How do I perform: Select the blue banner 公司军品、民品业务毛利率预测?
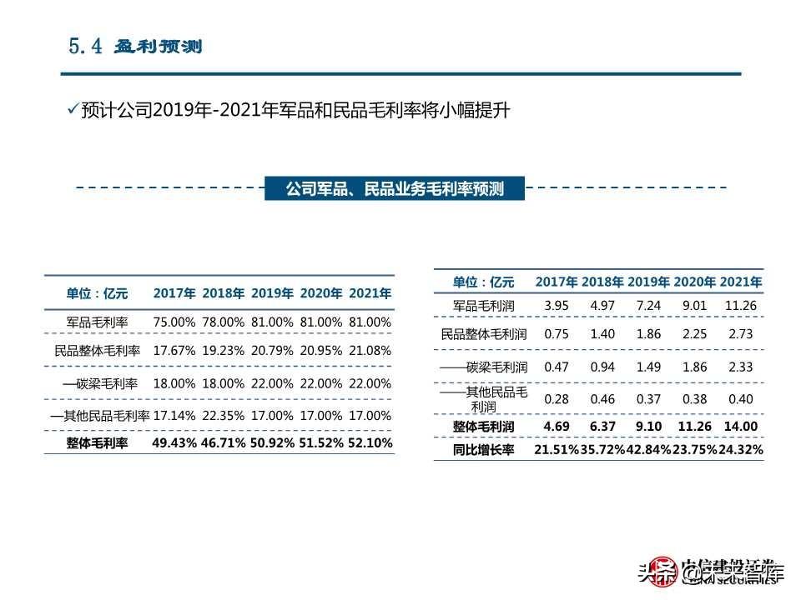tap(395, 189)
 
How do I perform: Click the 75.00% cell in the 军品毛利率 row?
tap(174, 322)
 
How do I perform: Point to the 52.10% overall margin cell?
tap(370, 443)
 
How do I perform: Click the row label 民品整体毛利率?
tap(98, 352)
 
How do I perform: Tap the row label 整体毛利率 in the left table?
tap(97, 443)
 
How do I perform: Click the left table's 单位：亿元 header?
tap(98, 293)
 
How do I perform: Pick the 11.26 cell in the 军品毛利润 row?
tap(741, 306)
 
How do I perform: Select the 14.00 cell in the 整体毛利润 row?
tap(741, 427)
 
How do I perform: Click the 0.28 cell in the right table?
tap(557, 398)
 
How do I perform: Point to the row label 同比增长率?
tap(484, 450)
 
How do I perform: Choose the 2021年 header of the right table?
tap(741, 282)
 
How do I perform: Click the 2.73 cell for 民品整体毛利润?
tap(741, 334)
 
